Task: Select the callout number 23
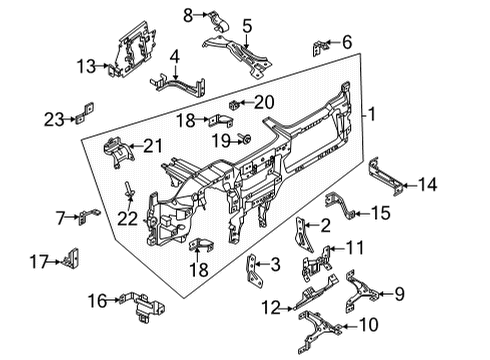point(53,118)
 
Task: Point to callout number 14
point(427,183)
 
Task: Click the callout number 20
point(263,101)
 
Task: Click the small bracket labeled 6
point(321,46)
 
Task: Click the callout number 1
point(372,115)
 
